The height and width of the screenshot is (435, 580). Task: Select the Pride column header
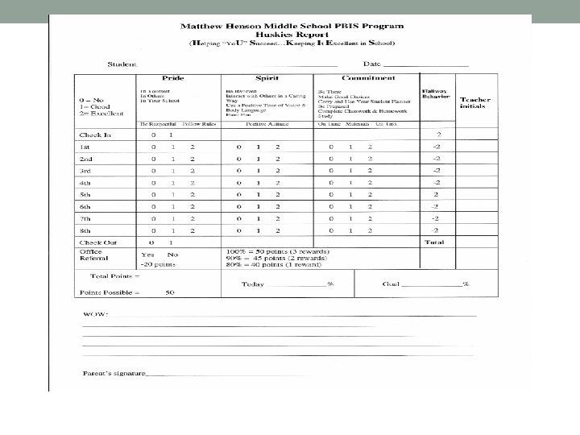coord(172,78)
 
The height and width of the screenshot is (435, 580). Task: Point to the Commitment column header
coord(367,78)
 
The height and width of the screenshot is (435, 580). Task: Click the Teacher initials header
coord(474,103)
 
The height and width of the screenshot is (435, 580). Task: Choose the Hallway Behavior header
coord(434,95)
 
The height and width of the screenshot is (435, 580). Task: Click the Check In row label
coord(94,135)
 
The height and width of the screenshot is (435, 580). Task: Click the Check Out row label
coord(97,242)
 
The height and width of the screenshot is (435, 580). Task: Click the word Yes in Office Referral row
coord(147,254)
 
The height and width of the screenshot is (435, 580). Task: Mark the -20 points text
coord(158,263)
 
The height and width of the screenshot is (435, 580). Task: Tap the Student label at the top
coord(122,64)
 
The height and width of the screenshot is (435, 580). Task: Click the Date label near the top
coord(371,64)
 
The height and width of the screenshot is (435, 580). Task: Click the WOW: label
coord(94,313)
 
